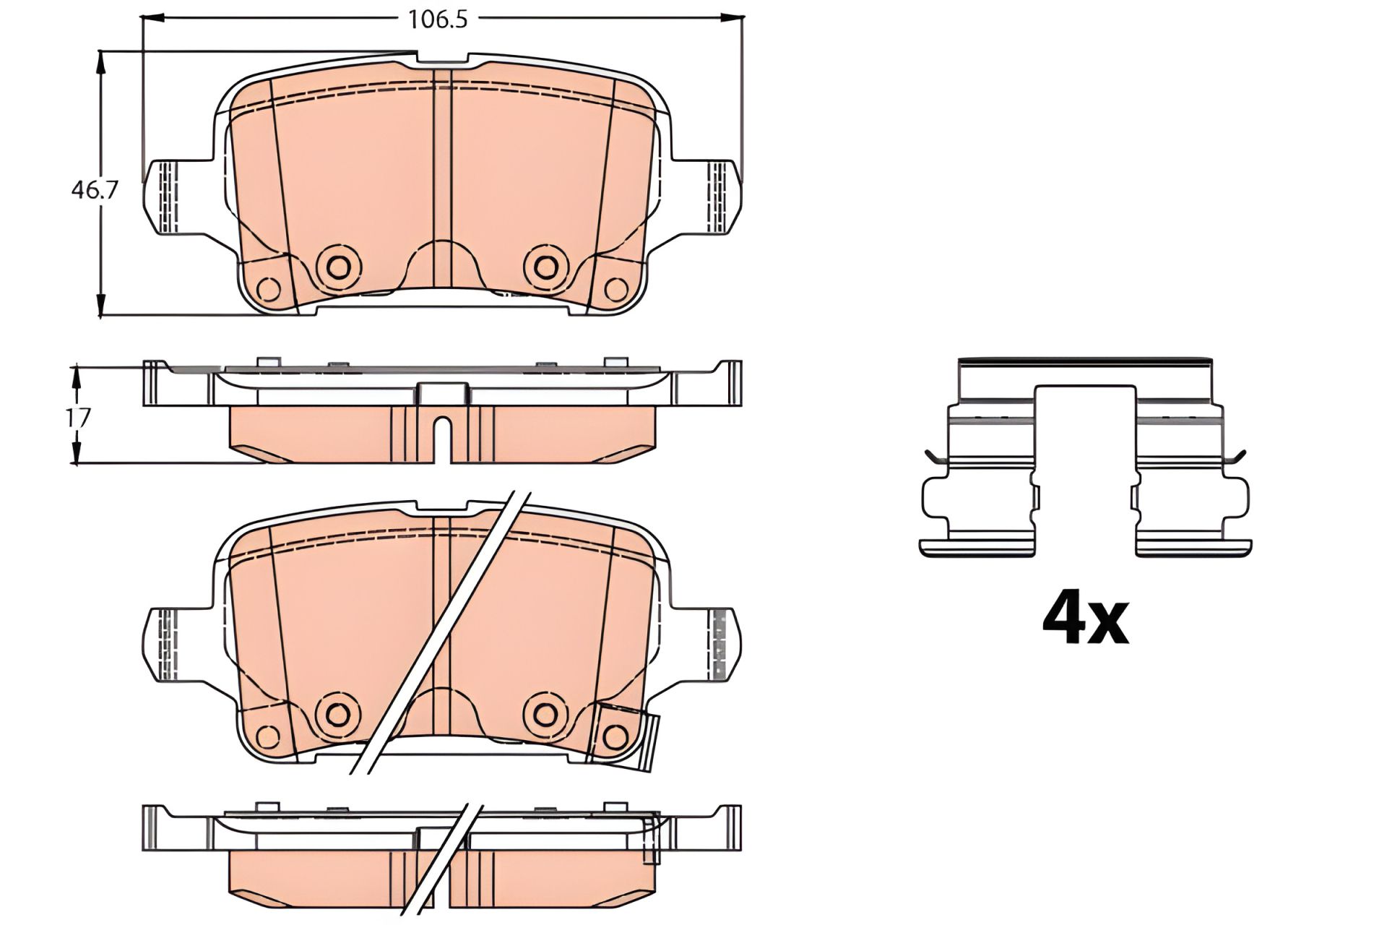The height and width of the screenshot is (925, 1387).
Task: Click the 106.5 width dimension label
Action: tap(438, 20)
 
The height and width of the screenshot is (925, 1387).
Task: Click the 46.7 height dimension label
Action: tap(95, 190)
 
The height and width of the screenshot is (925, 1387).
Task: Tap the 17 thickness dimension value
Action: tap(80, 418)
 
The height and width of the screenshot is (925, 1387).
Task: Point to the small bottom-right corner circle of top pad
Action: tap(615, 290)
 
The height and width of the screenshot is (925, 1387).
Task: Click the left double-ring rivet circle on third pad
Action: tap(337, 714)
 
